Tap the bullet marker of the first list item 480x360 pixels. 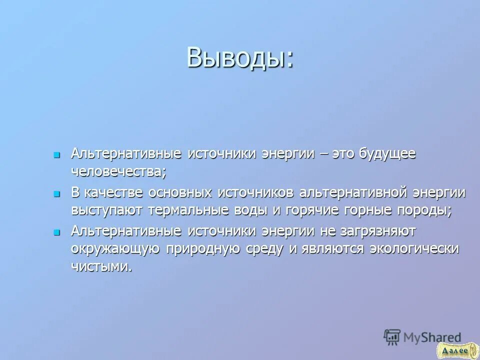pyautogui.click(x=57, y=154)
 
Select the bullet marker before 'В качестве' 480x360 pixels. pyautogui.click(x=57, y=193)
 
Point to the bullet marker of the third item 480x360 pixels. pyautogui.click(x=57, y=232)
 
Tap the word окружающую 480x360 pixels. pyautogui.click(x=115, y=249)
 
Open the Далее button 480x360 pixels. pyautogui.click(x=454, y=350)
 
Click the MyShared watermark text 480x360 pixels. pyautogui.click(x=433, y=337)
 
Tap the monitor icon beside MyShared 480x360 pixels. pyautogui.click(x=392, y=337)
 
